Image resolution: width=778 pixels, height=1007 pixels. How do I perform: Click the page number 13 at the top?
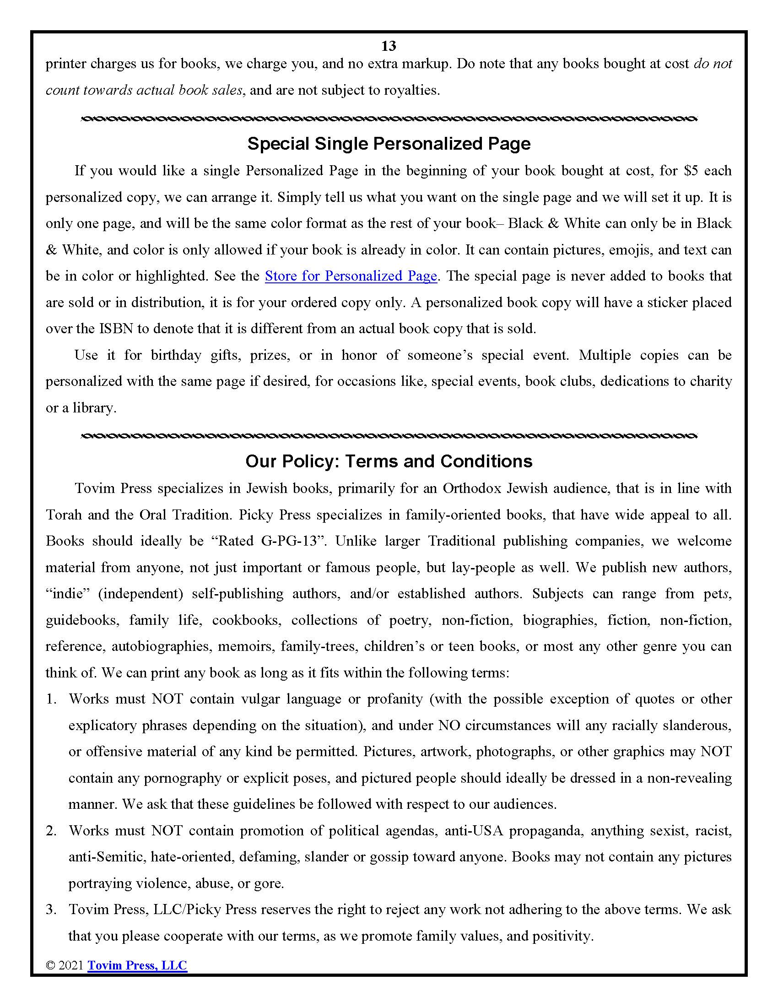click(389, 46)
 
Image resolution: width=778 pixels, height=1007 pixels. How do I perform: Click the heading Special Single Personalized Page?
click(389, 144)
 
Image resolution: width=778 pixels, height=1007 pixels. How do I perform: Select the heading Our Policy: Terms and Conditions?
click(389, 461)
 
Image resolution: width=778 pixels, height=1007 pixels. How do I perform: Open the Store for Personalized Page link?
click(351, 276)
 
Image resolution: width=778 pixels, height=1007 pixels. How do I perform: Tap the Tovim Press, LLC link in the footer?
click(137, 965)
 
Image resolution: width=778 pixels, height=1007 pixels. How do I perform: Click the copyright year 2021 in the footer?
click(71, 965)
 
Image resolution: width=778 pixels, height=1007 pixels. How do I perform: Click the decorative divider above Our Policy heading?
click(389, 435)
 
